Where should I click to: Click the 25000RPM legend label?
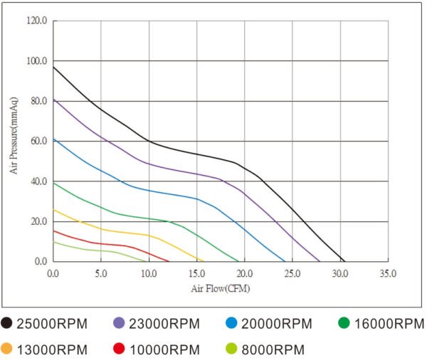pos(52,324)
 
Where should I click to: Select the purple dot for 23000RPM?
pos(119,323)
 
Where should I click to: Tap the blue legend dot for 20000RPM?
pos(231,323)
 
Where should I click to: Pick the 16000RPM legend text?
pos(389,324)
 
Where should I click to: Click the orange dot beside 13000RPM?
pos(6,349)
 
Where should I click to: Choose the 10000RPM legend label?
pos(165,350)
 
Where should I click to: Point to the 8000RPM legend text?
pos(273,350)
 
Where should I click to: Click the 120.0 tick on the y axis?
pos(37,21)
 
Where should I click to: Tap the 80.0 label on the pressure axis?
pos(38,101)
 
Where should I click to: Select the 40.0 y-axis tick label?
pos(38,181)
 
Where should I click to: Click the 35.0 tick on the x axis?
pos(388,273)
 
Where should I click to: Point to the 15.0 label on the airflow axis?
pos(196,273)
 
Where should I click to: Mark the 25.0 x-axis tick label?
pos(292,273)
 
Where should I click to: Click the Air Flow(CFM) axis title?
pos(221,289)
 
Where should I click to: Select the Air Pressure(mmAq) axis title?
pos(14,135)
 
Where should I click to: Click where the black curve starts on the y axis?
pos(53,67)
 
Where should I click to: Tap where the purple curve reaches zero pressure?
pos(320,261)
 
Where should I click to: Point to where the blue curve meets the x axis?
pos(285,261)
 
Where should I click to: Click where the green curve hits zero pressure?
pos(238,261)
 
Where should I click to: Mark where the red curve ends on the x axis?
pos(169,261)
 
